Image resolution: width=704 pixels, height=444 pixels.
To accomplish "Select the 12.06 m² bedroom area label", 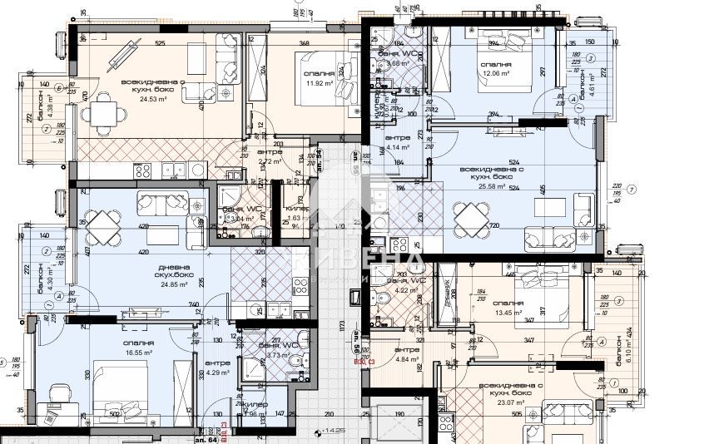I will pyautogui.click(x=497, y=74).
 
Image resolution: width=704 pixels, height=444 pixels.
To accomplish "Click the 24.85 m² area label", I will pyautogui.click(x=154, y=284).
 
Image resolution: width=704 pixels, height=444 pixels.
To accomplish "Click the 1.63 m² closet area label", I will pyautogui.click(x=296, y=218).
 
